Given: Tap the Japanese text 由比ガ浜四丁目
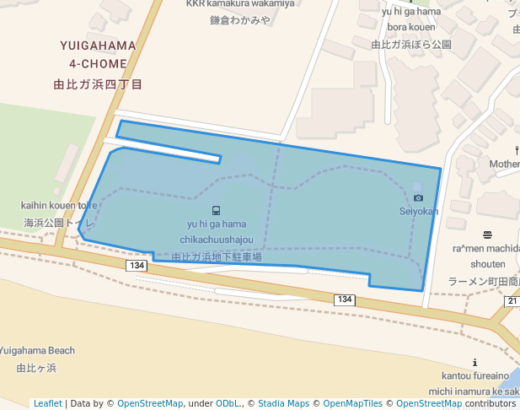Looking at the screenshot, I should click(98, 84).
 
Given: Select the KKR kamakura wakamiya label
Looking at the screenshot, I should click(240, 4).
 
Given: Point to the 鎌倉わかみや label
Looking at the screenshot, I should click(240, 20).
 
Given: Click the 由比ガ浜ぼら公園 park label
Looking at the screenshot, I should click(411, 45).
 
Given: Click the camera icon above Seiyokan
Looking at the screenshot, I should click(418, 197).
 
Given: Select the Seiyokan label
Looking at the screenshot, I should click(419, 212).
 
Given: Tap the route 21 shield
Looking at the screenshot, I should click(512, 301).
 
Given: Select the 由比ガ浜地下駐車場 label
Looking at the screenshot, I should click(217, 256).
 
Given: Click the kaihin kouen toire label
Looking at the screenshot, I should click(60, 205).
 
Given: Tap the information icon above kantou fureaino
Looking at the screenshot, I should click(474, 362).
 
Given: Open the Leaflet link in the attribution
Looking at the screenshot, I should click(47, 403).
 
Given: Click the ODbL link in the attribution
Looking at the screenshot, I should click(228, 403).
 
